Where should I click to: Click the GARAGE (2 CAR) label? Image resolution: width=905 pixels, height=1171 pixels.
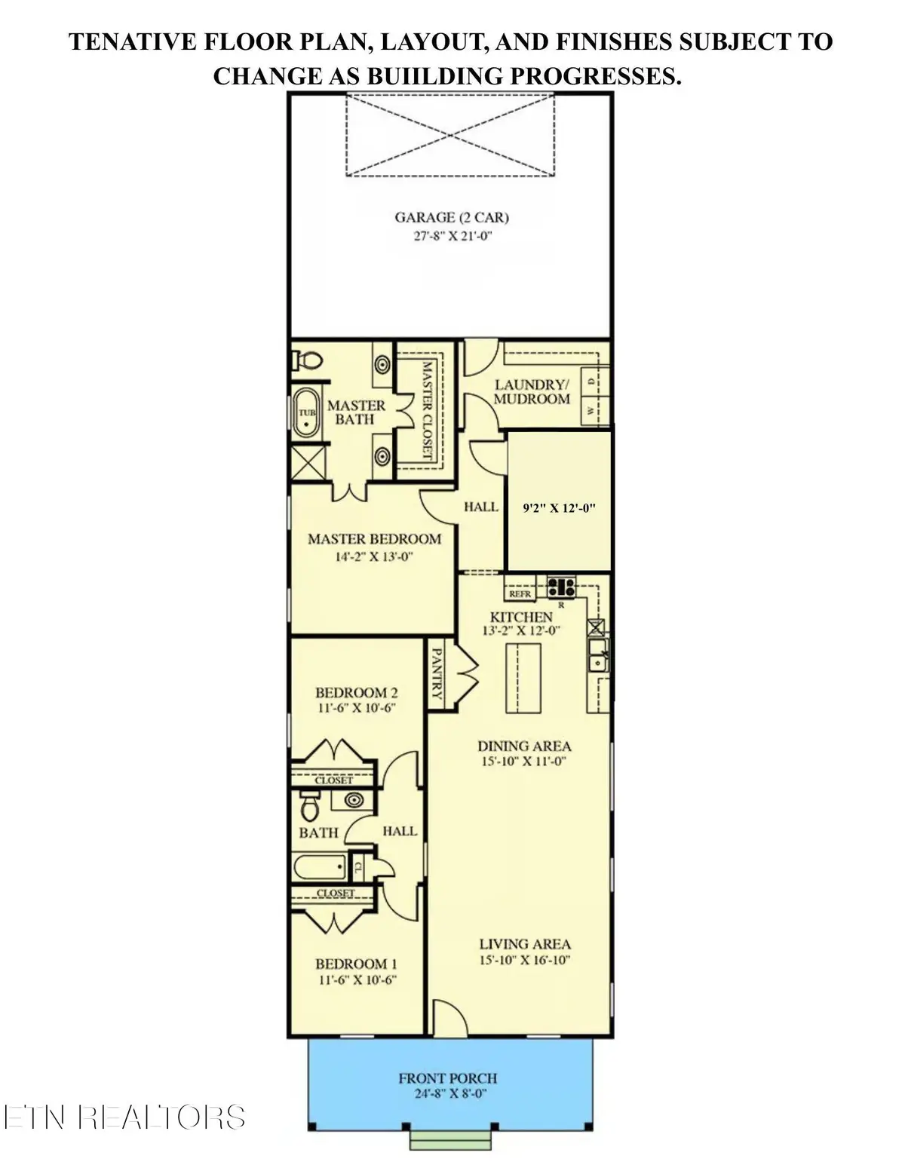point(452,218)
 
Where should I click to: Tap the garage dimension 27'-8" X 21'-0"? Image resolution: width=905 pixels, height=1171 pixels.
point(452,236)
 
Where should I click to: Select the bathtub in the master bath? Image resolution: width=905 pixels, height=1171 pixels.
point(305,413)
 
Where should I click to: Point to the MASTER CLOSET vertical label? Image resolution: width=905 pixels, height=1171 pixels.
point(427,409)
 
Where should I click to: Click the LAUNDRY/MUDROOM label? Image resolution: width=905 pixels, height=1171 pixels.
point(532,391)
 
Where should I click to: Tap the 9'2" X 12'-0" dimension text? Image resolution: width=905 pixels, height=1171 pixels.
point(559,508)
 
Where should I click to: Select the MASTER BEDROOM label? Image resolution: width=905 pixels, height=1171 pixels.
point(374,539)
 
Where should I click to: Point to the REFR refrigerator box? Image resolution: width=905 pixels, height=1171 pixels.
point(520,594)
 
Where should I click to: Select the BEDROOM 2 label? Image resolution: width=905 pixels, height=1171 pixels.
point(356,692)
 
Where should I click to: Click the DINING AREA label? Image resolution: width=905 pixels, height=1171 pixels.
point(524,746)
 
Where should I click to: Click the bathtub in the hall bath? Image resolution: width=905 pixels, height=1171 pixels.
point(319,866)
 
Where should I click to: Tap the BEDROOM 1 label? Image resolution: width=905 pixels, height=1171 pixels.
point(356,964)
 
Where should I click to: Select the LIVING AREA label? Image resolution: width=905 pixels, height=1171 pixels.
point(524,944)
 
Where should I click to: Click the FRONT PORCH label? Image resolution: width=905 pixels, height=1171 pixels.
point(448,1079)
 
